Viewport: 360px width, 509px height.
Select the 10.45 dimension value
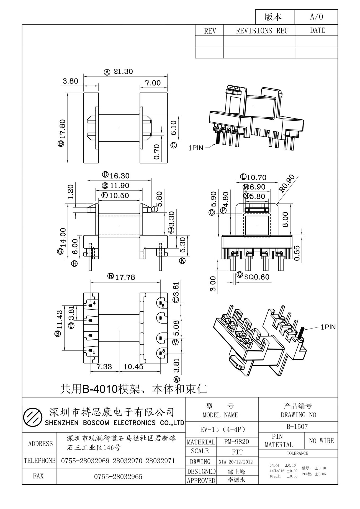tap(133, 367)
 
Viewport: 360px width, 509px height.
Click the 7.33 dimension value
tap(104, 367)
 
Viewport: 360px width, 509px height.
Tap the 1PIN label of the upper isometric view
tap(196, 148)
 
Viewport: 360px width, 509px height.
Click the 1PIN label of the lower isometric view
tap(328, 327)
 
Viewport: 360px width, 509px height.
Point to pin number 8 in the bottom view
tap(164, 351)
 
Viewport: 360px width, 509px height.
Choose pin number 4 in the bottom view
tap(94, 303)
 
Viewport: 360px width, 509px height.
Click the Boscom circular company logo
tap(32, 417)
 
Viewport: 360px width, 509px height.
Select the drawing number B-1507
tap(297, 427)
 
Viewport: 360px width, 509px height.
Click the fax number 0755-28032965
tap(118, 477)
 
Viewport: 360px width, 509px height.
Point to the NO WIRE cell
tap(322, 441)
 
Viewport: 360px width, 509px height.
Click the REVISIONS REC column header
tap(262, 31)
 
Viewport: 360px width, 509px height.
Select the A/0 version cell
tap(317, 17)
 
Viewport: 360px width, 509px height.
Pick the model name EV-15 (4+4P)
tap(223, 430)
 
